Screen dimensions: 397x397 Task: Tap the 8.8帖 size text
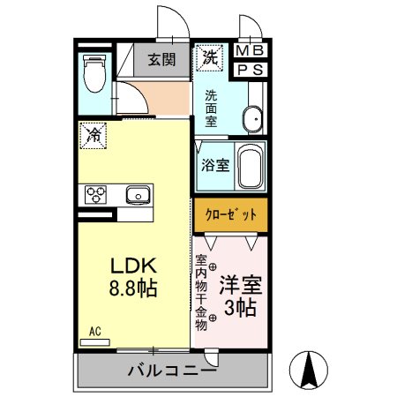132,288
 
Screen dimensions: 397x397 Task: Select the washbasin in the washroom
251,117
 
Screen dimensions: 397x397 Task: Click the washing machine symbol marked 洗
210,58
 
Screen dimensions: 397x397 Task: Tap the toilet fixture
94,73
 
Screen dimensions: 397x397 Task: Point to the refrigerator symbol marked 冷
94,135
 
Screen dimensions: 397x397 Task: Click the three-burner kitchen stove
97,194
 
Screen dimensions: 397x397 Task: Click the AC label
94,332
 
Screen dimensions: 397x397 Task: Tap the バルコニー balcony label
173,371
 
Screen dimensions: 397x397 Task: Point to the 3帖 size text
241,309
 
